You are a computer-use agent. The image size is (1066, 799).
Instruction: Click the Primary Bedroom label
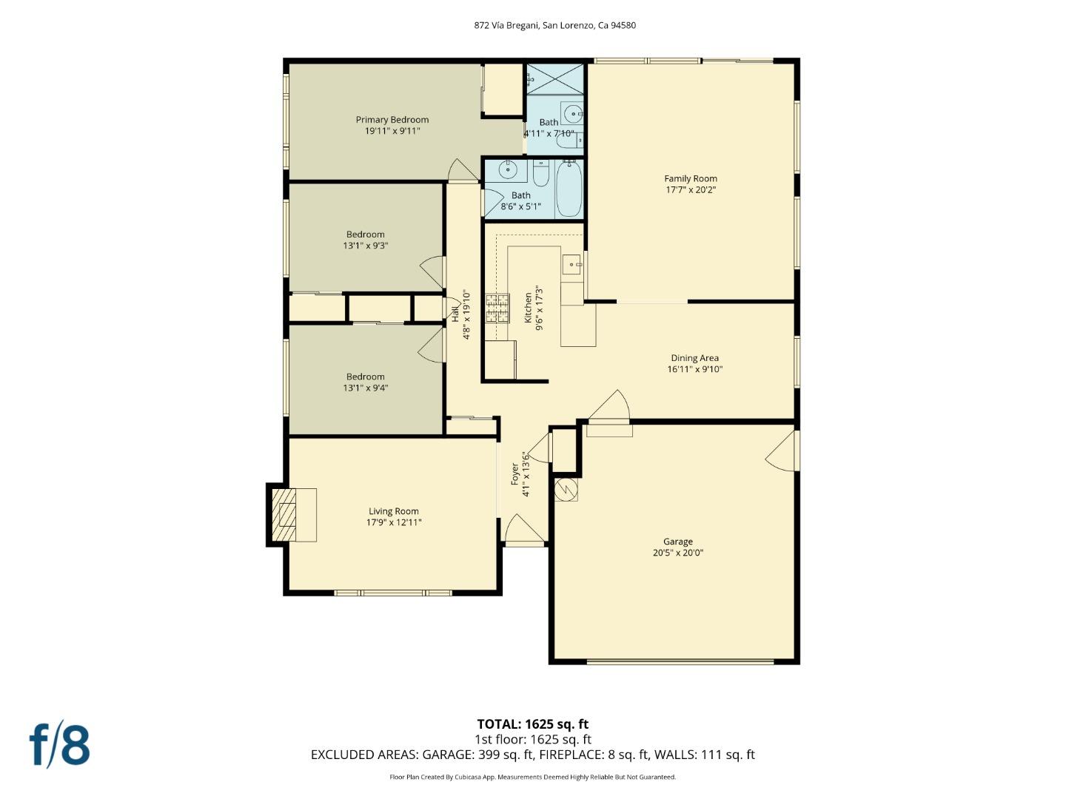(x=392, y=120)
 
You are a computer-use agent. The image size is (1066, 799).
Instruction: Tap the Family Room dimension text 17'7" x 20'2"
(x=690, y=190)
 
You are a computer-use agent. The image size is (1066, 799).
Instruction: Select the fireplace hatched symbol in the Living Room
(x=284, y=515)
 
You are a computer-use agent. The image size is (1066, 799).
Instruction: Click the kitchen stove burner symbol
(x=497, y=308)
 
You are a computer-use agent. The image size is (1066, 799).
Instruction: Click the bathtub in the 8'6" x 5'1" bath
(x=569, y=189)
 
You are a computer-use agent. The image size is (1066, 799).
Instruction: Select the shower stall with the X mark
(x=554, y=79)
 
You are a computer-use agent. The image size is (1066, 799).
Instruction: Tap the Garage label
(x=677, y=542)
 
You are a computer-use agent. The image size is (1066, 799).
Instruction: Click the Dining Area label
(x=694, y=358)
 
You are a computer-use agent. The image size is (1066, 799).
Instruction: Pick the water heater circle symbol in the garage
(x=566, y=489)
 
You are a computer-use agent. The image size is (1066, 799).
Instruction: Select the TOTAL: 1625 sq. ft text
(x=532, y=724)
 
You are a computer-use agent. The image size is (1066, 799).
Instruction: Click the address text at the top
(x=554, y=25)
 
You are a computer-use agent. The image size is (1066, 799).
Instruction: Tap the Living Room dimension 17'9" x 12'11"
(x=394, y=522)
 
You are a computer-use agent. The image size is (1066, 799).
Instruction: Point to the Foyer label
(x=515, y=474)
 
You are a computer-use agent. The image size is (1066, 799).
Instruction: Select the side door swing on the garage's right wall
(x=782, y=451)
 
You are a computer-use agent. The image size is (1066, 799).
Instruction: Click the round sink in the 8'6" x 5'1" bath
(x=508, y=170)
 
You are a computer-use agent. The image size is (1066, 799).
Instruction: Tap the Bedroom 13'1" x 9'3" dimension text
(x=365, y=246)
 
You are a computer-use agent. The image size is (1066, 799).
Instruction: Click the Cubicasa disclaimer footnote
(x=532, y=777)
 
